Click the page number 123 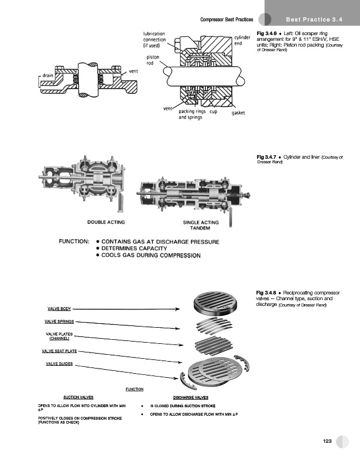[x=327, y=441]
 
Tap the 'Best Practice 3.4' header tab [x=314, y=20]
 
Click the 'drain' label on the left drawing [x=48, y=75]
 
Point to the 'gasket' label [x=238, y=113]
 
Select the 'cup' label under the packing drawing [x=213, y=112]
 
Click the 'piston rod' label [x=153, y=60]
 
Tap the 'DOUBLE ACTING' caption [x=106, y=222]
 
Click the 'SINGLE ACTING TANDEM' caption [x=201, y=225]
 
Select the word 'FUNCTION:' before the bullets [x=74, y=241]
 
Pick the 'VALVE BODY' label [x=59, y=309]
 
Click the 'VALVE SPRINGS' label [x=59, y=321]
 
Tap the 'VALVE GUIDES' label [x=59, y=363]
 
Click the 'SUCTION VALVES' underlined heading [x=78, y=397]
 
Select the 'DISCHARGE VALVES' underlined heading [x=191, y=397]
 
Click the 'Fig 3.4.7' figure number [x=266, y=157]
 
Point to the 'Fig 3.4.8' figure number [x=266, y=293]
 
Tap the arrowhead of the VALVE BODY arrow [x=178, y=309]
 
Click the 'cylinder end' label [x=242, y=40]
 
